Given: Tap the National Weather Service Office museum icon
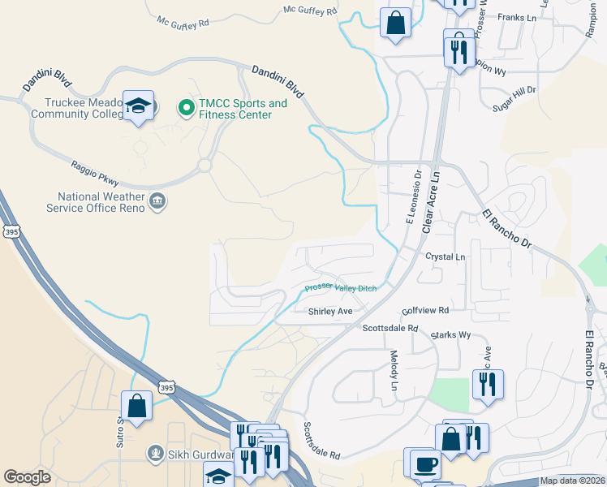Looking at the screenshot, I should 157,201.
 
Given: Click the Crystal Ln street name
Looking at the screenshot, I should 446,256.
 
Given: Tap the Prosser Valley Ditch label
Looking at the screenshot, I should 341,288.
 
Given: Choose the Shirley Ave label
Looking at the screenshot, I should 330,311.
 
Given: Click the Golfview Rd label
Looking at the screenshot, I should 425,311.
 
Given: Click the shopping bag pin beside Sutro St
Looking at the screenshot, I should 136,407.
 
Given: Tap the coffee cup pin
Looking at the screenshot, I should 425,463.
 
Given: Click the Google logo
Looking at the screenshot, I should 27,477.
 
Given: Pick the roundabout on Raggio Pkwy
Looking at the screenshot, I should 203,165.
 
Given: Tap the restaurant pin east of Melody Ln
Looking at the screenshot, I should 487,383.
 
